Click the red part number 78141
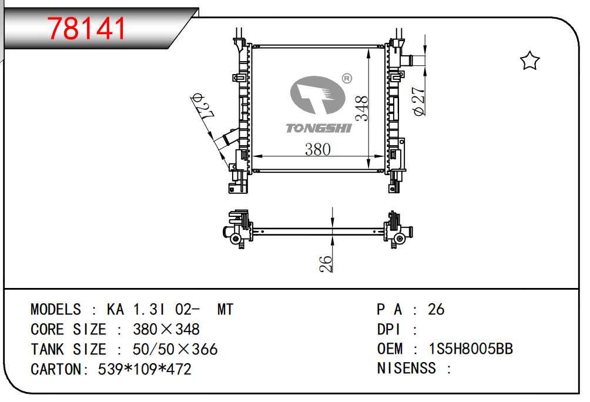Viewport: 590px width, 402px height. tap(87, 28)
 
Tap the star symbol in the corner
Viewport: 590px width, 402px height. tap(530, 61)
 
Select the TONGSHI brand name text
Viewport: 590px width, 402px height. tap(318, 128)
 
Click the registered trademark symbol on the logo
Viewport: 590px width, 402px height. tap(346, 78)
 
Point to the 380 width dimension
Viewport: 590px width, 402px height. tap(317, 149)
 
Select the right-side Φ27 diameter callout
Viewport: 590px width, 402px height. tap(419, 101)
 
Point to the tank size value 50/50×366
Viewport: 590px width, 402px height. tap(175, 349)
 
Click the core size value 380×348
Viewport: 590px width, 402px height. tap(166, 329)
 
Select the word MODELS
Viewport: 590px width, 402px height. tap(56, 309)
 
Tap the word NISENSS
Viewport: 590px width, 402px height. tap(406, 369)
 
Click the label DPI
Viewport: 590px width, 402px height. tap(389, 329)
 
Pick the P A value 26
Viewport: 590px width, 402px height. tap(436, 309)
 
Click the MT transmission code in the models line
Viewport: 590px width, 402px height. tap(225, 309)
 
